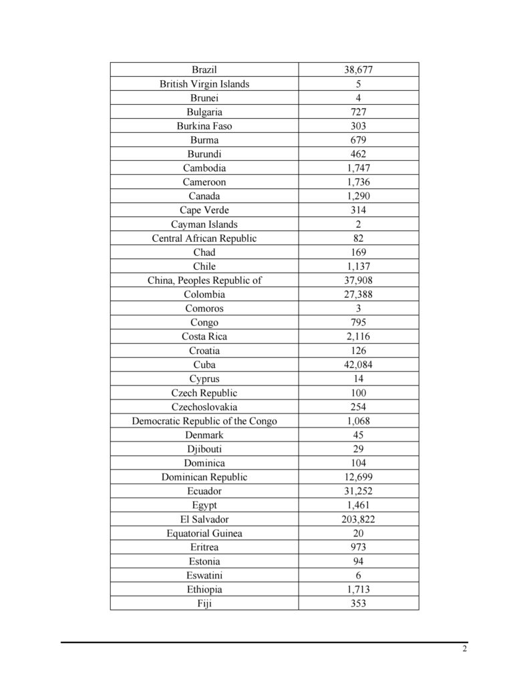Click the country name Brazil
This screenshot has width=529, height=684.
[x=204, y=69]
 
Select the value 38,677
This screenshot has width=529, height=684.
[x=359, y=69]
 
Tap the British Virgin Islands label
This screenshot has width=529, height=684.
[x=204, y=83]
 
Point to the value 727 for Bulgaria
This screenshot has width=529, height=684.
[x=359, y=112]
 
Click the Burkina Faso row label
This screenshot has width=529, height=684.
[x=204, y=126]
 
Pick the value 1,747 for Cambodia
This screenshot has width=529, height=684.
[x=359, y=168]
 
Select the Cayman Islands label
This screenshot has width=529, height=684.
[x=204, y=224]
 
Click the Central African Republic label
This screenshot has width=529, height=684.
[x=204, y=238]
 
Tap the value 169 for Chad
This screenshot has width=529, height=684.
[x=359, y=252]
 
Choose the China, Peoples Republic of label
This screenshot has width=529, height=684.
[x=204, y=280]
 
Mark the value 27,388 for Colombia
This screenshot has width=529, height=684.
[x=359, y=294]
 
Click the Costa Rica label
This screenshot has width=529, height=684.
[x=204, y=336]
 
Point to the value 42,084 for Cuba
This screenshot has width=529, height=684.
[x=359, y=364]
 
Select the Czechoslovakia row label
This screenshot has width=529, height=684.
[x=204, y=406]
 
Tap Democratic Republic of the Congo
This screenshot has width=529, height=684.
[x=204, y=420]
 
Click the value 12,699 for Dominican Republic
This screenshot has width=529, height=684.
[x=359, y=476]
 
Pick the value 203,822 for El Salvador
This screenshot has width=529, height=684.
[x=359, y=518]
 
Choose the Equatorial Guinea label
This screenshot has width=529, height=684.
[x=204, y=532]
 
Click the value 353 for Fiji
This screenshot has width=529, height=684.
[x=359, y=603]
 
